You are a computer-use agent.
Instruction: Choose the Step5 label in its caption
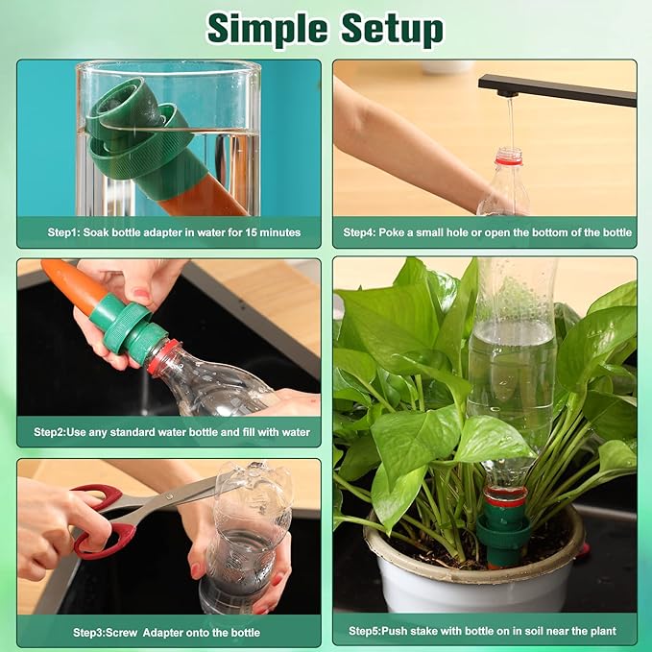[x=364, y=631]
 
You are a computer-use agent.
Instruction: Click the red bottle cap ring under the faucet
[x=508, y=158]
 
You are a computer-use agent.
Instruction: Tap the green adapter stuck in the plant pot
[x=504, y=530]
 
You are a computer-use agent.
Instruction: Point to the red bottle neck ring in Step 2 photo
[x=161, y=356]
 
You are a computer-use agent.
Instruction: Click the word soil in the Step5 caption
[x=531, y=631]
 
